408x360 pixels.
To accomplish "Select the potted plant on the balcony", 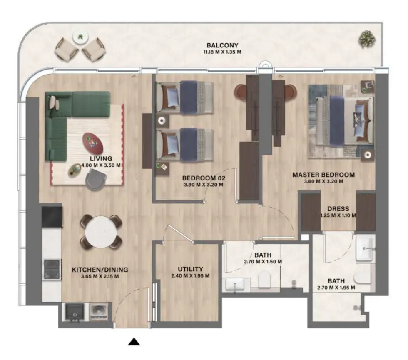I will [x=366, y=39].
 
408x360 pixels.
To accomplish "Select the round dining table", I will [x=101, y=232].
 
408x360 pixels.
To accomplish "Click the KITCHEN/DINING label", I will [x=100, y=270].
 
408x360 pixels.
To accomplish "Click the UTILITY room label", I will [x=190, y=269].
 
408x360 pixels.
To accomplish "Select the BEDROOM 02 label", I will [x=204, y=178].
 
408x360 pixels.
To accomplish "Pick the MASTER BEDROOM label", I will [x=323, y=175].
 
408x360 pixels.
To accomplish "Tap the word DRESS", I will [x=338, y=209].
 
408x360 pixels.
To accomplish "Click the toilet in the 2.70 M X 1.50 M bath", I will [x=265, y=280].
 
